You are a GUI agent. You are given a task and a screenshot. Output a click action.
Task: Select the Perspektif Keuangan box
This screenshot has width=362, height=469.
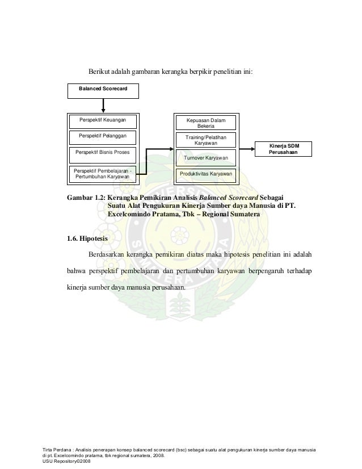point(103,120)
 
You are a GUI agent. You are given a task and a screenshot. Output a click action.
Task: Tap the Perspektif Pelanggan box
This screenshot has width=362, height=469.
point(103,136)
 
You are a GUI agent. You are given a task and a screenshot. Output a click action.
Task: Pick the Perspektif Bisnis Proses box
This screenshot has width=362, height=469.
point(103,153)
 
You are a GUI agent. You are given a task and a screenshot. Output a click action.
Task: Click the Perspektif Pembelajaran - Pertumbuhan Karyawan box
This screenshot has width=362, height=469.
point(103,174)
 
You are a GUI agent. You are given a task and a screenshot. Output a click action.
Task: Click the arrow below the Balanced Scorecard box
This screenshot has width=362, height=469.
point(103,106)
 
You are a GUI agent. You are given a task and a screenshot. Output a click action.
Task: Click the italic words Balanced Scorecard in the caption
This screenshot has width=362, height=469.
point(225,197)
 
